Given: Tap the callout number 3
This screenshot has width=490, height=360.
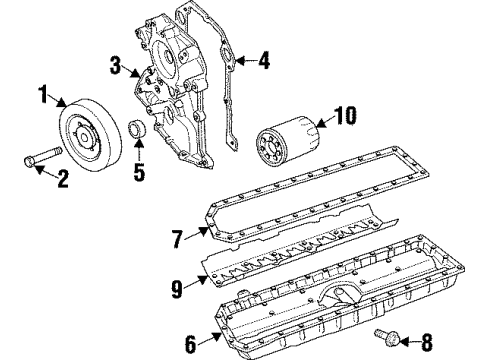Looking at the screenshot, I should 116,67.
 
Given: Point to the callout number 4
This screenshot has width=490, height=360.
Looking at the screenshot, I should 264,60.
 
